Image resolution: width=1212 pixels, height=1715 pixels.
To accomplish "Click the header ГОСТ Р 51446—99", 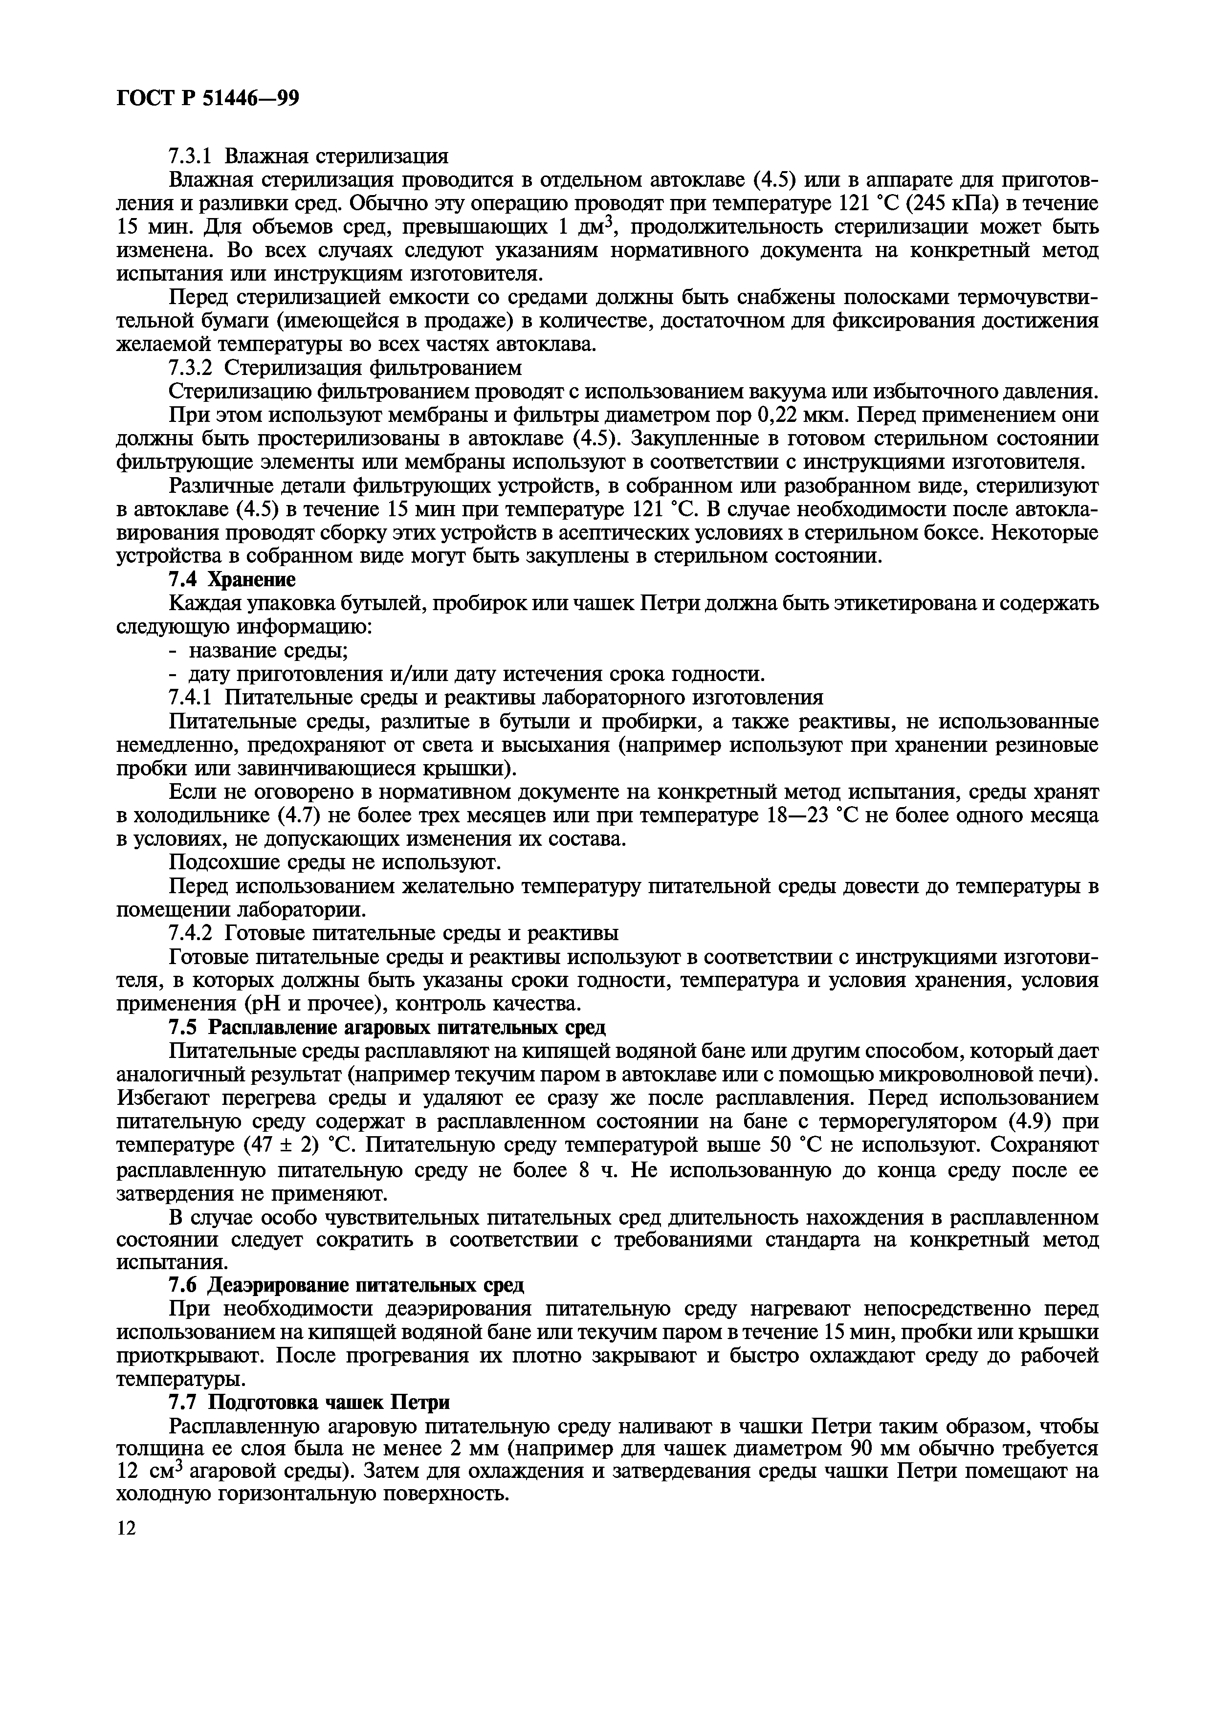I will pos(208,99).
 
